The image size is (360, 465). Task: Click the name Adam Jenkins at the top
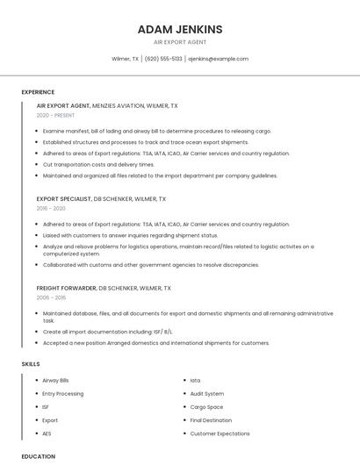coord(180,30)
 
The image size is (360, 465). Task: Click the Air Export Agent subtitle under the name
coord(180,42)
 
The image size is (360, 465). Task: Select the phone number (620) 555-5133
coord(163,59)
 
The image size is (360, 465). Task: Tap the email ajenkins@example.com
coord(219,59)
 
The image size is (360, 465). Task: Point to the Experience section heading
coord(38,92)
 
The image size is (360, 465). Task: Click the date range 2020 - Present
coord(55,115)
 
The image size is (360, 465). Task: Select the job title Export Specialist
coord(63,199)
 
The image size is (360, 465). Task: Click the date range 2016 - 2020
coord(50,209)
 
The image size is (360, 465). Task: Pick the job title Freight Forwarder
coord(66,288)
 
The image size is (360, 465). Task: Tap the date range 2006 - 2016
coord(50,298)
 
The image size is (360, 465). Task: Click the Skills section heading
coord(30,363)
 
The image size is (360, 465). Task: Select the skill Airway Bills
coord(55,381)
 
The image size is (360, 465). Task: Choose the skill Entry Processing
coord(62,394)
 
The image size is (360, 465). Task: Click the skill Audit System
coord(207,394)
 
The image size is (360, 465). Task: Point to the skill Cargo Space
coord(206,407)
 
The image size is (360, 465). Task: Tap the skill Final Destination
coord(212,420)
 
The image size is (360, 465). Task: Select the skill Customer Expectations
coord(220,433)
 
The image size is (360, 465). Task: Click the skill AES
coord(47,433)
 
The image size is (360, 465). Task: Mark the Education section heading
coord(38,457)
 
